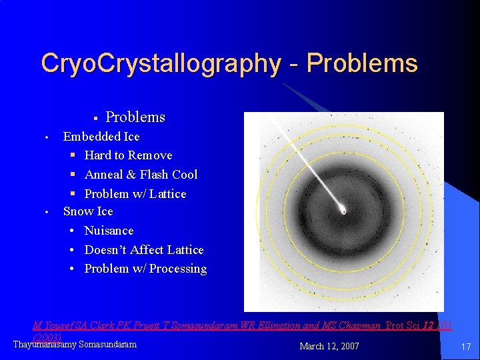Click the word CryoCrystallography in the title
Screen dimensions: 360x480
[160, 63]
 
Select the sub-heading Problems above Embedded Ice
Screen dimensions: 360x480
[135, 117]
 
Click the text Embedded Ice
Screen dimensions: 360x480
[101, 137]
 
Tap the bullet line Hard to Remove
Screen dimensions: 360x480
[128, 155]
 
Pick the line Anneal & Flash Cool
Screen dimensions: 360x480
[141, 175]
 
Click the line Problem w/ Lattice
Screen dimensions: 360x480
[135, 194]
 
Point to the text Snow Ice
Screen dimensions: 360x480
[88, 211]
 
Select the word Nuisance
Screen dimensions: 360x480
[109, 231]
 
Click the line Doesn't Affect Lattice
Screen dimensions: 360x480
[144, 250]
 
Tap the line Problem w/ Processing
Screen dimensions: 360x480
[145, 269]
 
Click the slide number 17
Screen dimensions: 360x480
[465, 347]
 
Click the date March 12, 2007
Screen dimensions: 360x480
[329, 346]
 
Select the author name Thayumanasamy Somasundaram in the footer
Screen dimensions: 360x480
[75, 344]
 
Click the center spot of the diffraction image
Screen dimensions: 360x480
[343, 211]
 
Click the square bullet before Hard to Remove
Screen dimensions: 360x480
[73, 155]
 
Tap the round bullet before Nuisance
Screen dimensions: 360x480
[72, 231]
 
